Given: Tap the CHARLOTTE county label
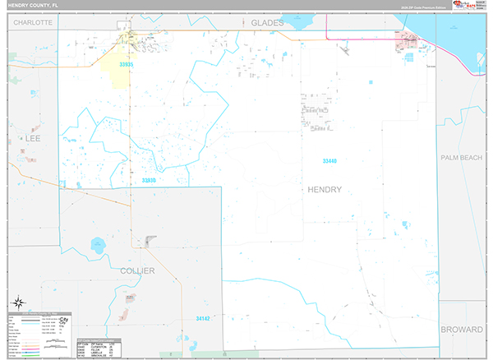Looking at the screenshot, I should coord(33,23).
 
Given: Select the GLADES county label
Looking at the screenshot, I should coord(267,23).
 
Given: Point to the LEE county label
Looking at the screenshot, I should coord(33,140).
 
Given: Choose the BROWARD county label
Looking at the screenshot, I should coord(462,330).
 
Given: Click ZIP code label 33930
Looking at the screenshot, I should coord(149,180).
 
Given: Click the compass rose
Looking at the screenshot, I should coord(18,303).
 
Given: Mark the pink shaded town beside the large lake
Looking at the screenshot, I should coord(408,42).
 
